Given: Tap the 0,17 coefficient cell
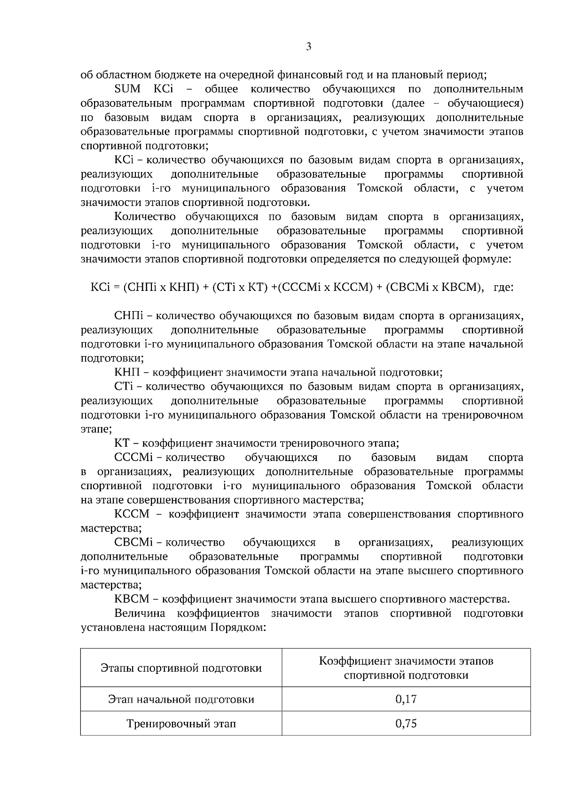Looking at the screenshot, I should (x=406, y=699).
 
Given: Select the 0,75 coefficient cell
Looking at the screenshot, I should (x=406, y=723).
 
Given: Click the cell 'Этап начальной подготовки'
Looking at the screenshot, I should (x=181, y=699).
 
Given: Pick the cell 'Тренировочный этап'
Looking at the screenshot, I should (x=181, y=723).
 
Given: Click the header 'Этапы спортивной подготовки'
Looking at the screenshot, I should (x=181, y=668).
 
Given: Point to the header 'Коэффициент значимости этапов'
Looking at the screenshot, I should (x=406, y=661).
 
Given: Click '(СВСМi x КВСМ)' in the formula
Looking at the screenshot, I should (x=434, y=287).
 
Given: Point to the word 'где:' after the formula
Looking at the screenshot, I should (x=503, y=287).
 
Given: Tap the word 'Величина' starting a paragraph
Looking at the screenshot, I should (x=140, y=613).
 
